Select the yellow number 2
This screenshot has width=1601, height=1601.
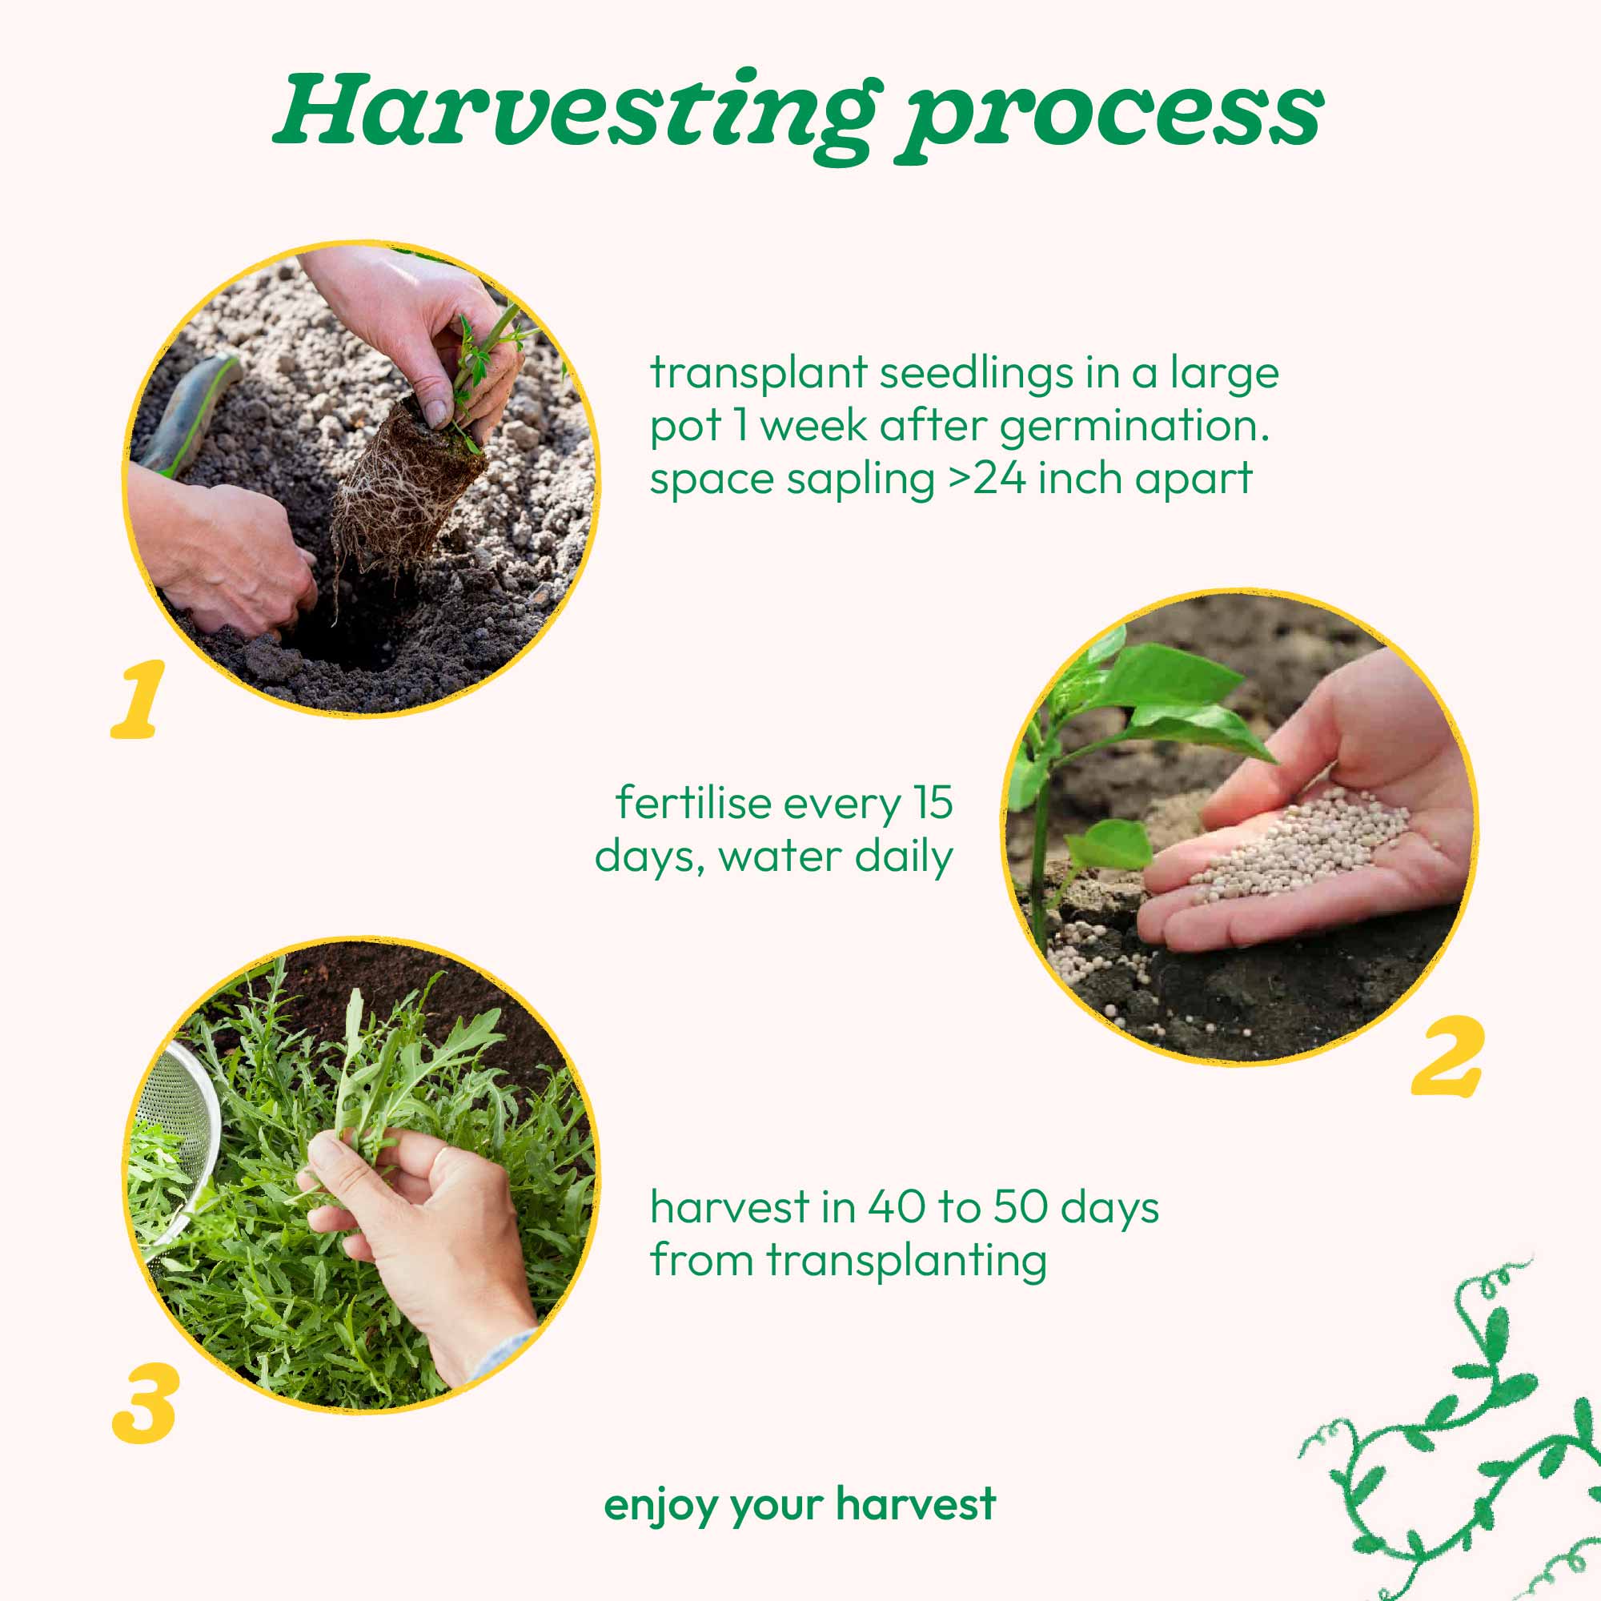1447,1056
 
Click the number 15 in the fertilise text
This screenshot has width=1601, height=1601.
933,803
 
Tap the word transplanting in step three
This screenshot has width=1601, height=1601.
907,1262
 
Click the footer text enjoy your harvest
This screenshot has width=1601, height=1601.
800,1504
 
